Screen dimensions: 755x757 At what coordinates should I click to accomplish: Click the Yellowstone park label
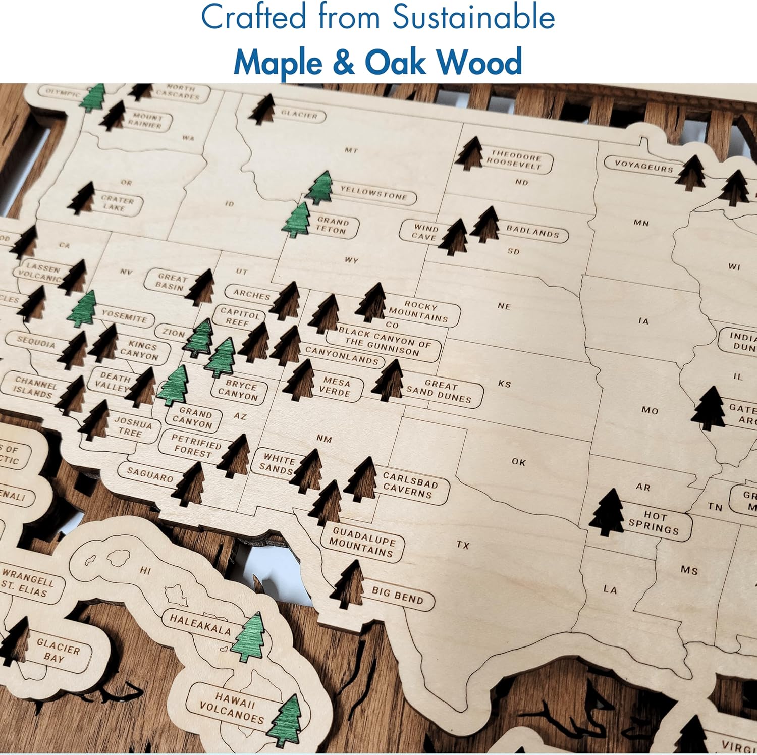374,193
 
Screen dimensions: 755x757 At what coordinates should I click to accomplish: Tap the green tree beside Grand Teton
297,221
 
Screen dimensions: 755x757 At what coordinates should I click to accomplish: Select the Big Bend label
397,596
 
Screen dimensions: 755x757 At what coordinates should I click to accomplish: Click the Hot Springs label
655,522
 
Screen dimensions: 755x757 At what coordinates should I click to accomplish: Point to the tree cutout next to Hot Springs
608,513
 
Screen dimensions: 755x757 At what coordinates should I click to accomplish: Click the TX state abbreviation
463,545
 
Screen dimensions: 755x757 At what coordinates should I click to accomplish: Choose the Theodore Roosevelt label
515,160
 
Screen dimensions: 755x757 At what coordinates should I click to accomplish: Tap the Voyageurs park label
643,165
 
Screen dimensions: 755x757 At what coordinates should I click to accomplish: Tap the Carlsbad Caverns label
409,485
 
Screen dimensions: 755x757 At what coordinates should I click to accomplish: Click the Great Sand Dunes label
440,391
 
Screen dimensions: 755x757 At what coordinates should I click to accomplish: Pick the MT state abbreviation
351,150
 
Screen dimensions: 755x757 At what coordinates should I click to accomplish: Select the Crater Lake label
117,203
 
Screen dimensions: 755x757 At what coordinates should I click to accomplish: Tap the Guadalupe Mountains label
362,543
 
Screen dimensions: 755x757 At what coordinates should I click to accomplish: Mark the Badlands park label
532,231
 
